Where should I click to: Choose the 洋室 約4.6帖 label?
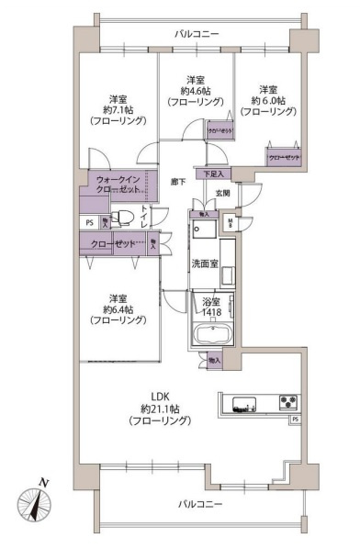coord(194,90)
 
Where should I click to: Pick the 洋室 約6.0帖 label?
coord(267,100)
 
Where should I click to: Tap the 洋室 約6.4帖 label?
coord(118,309)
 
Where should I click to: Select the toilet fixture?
coord(130,217)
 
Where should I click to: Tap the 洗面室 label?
coord(204,263)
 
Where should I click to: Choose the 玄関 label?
coord(223,192)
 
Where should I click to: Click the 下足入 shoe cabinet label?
coord(213,174)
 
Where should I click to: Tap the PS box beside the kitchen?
coord(295,420)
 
